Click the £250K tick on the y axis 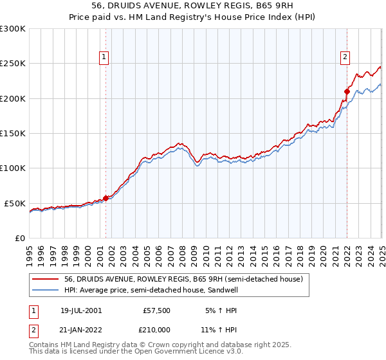pyautogui.click(x=13, y=64)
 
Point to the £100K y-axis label pyautogui.click(x=13, y=168)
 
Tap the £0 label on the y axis pyautogui.click(x=19, y=238)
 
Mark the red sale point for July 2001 pyautogui.click(x=106, y=198)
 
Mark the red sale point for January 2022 pyautogui.click(x=347, y=91)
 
